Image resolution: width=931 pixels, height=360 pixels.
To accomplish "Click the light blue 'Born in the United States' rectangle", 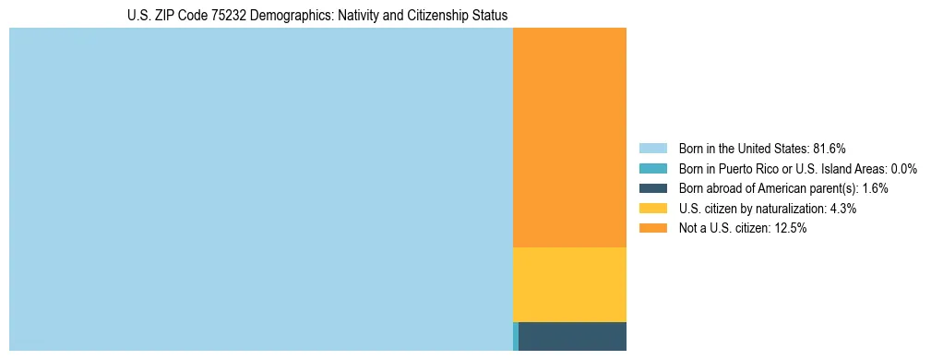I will click(x=260, y=189).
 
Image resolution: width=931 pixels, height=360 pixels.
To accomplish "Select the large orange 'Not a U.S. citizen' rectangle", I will click(x=569, y=138).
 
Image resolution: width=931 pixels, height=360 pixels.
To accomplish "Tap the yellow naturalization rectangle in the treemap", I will click(x=569, y=284).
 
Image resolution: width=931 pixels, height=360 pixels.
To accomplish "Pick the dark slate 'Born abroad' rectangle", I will click(x=572, y=336).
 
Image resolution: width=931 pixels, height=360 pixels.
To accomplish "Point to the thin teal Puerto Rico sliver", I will click(x=516, y=336).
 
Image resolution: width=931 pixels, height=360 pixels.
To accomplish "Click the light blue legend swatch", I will click(x=652, y=148).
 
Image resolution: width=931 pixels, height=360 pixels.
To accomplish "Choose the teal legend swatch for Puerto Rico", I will click(x=652, y=168).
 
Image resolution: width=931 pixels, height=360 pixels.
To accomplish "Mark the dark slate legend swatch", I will click(x=652, y=188).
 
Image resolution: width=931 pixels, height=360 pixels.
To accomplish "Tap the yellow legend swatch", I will click(x=652, y=209).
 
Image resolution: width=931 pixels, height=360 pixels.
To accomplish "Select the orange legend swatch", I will click(x=652, y=228).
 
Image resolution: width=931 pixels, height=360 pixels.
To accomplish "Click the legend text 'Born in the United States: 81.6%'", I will click(x=762, y=148).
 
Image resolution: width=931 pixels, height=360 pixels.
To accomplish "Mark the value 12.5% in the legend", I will click(x=790, y=228).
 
